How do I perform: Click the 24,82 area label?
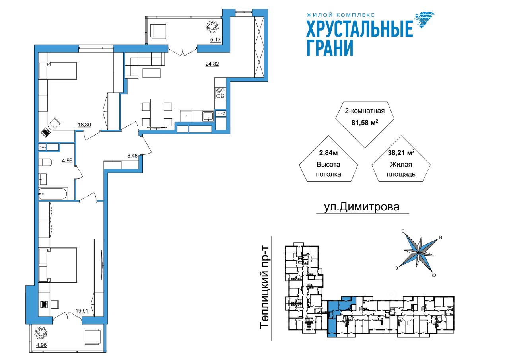212,64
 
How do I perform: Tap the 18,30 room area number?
84,125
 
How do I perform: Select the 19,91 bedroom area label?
82,311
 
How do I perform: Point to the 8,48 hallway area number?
132,156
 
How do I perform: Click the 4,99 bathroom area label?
67,160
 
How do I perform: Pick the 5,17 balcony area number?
215,40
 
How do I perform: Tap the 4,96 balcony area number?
41,345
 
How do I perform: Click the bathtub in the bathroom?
53,194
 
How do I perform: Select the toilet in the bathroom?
45,163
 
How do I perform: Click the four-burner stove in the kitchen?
220,93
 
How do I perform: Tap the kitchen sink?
208,116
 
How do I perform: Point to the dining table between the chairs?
157,113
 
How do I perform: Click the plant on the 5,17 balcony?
212,26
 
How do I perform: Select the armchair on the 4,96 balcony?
93,337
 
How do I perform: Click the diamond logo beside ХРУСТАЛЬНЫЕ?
424,20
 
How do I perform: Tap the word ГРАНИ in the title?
330,48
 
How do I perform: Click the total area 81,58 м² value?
365,122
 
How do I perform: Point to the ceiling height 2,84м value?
328,153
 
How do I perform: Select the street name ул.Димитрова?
362,207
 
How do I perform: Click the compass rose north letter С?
403,231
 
